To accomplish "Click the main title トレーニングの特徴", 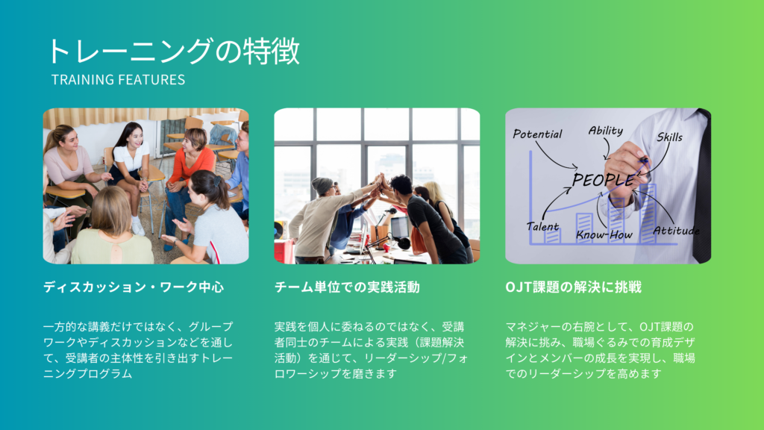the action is coord(173,52).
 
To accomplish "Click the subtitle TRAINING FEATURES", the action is coord(119,79).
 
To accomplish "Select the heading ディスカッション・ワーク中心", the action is coord(134,287).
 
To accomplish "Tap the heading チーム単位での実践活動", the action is coord(347,287).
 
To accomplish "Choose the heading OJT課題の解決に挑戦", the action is coord(574,287).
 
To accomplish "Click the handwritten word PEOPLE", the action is coord(603,179).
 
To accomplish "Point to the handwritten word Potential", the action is coord(537,134).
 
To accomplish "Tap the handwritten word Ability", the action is coord(606,131).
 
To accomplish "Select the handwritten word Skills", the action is coord(669,137).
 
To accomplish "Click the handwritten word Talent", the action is coord(542,227).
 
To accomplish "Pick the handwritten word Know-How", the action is coord(604,235).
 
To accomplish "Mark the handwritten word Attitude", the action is coord(676,231).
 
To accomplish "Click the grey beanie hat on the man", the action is coord(322,185).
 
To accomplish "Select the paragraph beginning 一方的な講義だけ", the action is coord(138,350).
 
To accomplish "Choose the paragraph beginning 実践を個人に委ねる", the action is coord(371,350).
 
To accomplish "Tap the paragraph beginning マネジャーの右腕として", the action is coord(601,350).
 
